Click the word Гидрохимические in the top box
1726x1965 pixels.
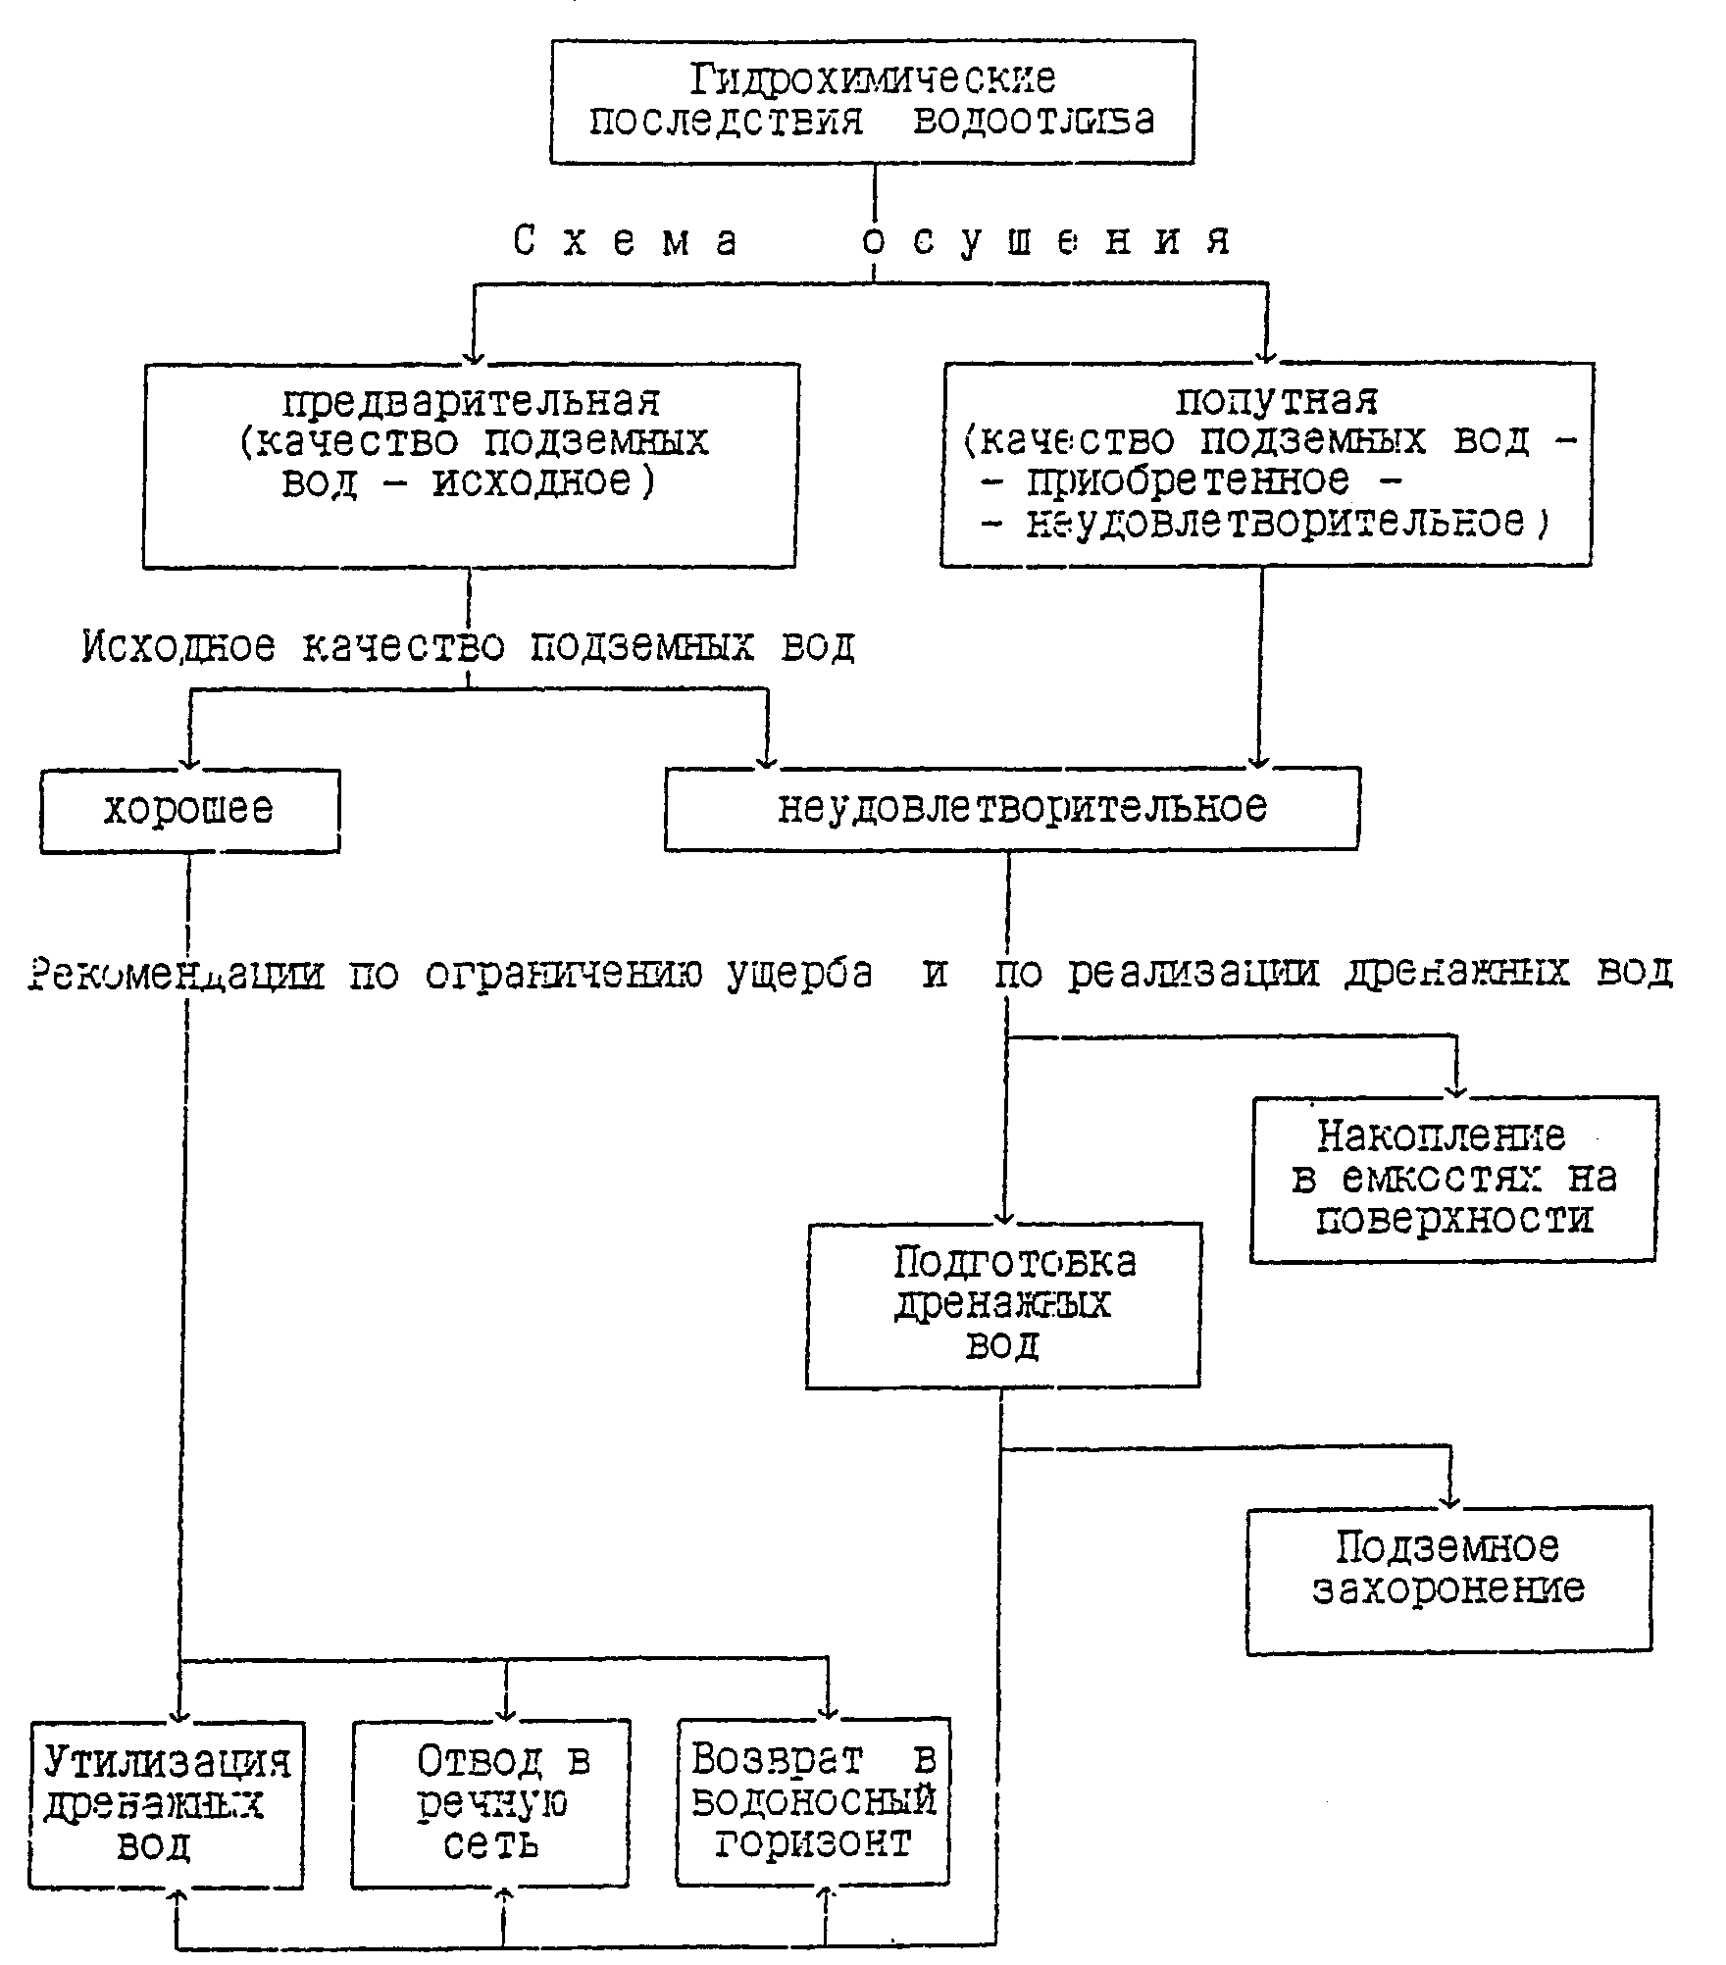(x=872, y=79)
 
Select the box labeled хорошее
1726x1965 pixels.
(x=189, y=811)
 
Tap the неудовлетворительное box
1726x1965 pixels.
(x=1011, y=808)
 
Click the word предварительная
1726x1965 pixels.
(x=471, y=401)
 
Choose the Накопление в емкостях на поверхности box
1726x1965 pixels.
(x=1453, y=1178)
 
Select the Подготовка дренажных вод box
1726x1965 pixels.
(x=1002, y=1304)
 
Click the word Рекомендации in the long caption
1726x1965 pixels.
(x=177, y=974)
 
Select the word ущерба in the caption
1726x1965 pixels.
(x=800, y=974)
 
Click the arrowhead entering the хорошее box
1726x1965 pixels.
(x=190, y=764)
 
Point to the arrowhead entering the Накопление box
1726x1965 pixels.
(x=1456, y=1091)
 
